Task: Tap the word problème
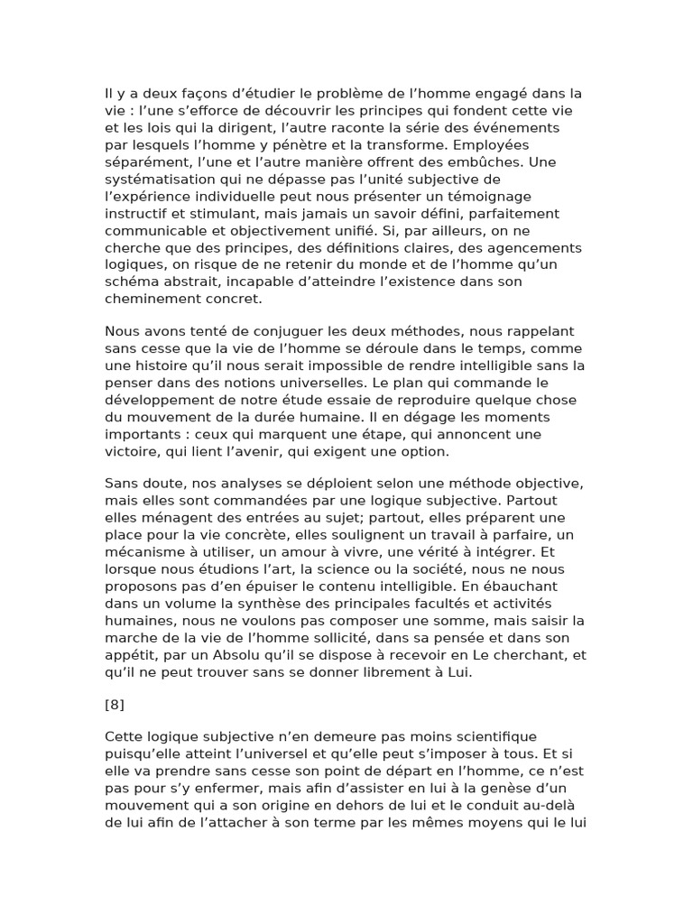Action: click(x=346, y=93)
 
